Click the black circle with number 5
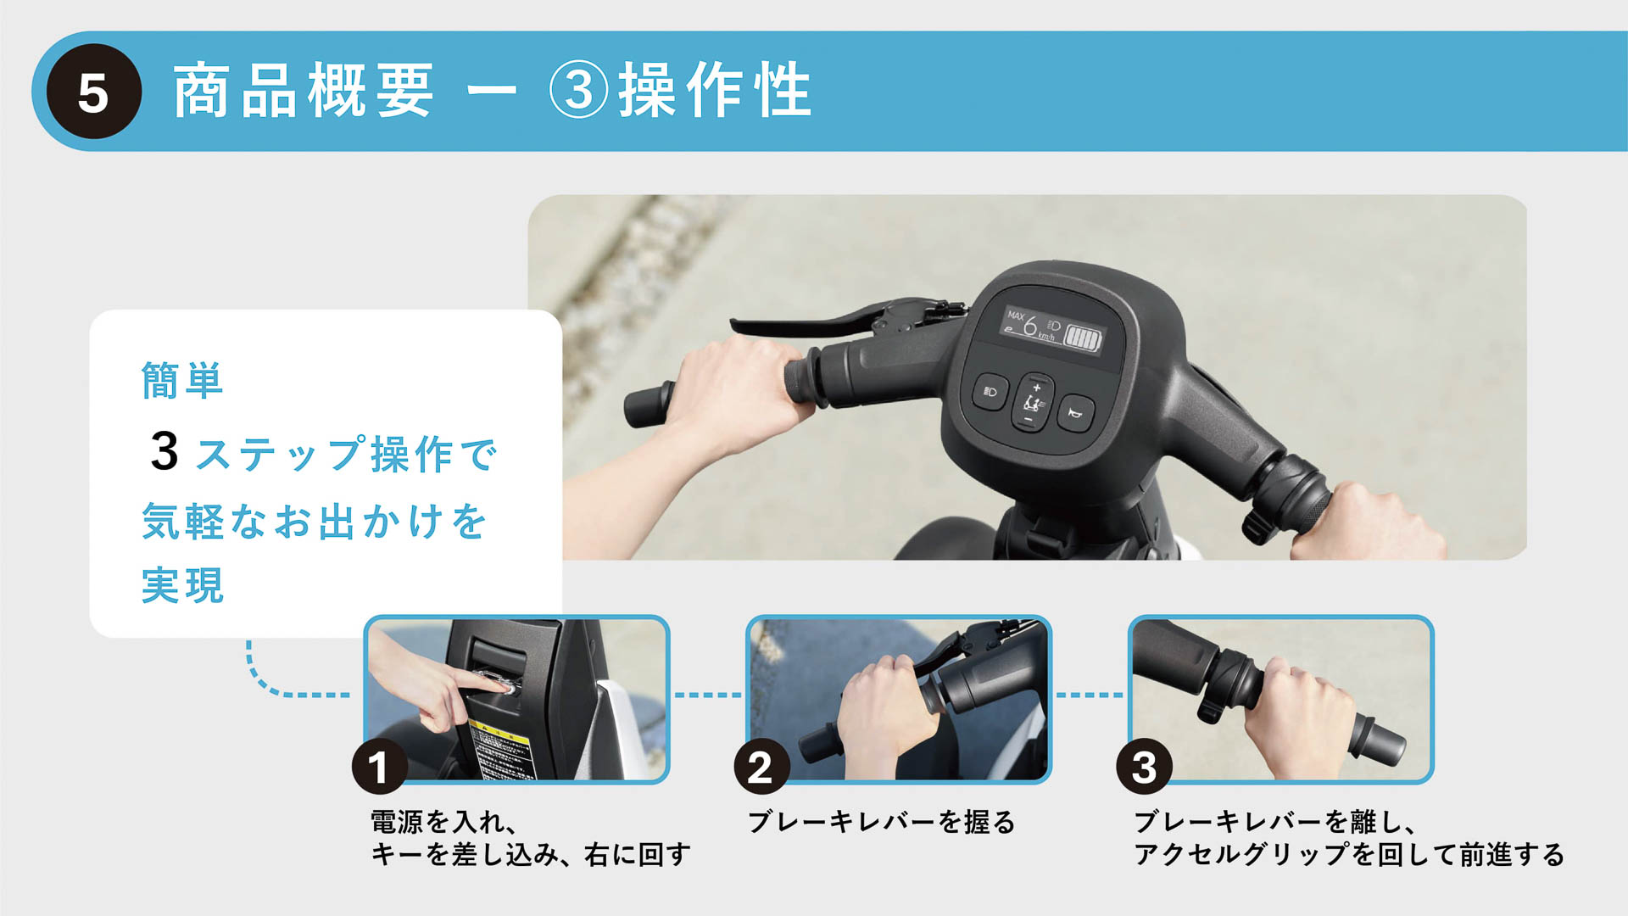point(93,92)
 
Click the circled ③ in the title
point(579,90)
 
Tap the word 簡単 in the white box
point(182,380)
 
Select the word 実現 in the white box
point(182,585)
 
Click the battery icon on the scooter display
point(1083,338)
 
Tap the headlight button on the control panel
point(990,392)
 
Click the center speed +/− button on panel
point(1033,402)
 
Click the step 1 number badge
point(379,767)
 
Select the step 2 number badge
point(761,767)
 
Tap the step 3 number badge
point(1144,767)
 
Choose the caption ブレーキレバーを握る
point(881,822)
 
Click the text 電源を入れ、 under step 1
point(443,822)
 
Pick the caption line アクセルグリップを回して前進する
point(1348,854)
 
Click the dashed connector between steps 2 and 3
point(1090,695)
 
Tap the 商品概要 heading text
point(304,90)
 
